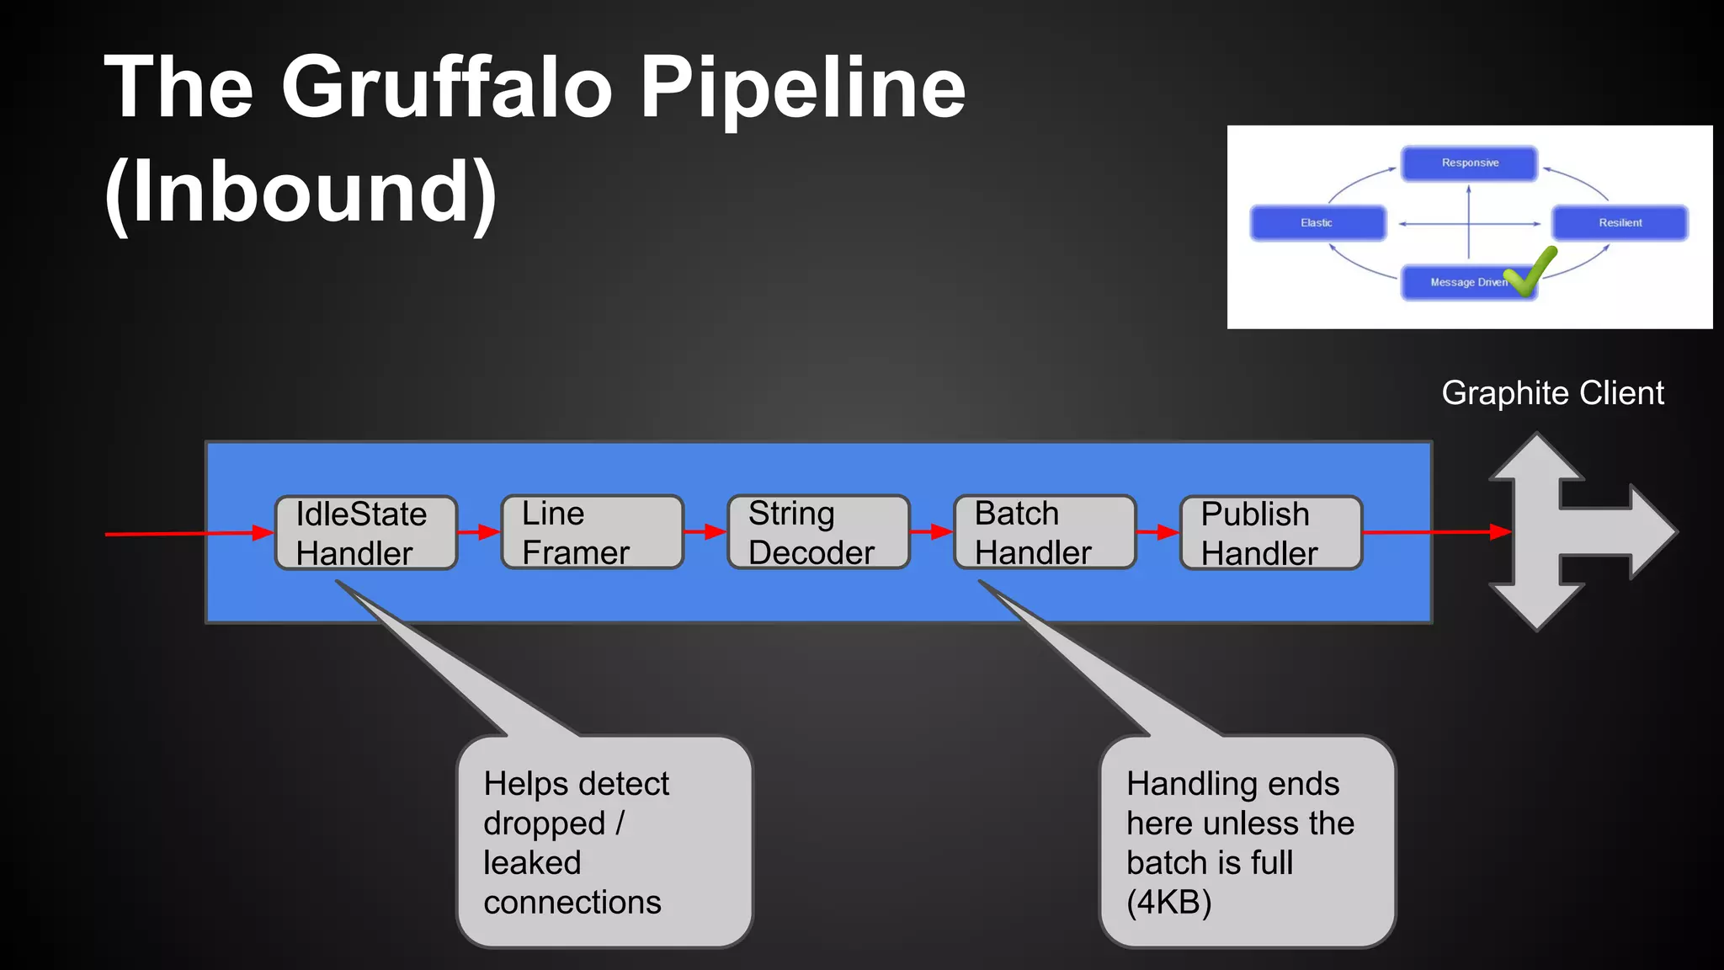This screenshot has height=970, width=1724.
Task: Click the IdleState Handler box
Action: coord(366,533)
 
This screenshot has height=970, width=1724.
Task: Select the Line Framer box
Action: coord(592,532)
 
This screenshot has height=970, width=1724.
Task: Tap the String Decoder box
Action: coord(818,532)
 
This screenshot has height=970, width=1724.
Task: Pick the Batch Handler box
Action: coord(1045,532)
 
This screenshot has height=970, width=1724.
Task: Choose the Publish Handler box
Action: coord(1271,533)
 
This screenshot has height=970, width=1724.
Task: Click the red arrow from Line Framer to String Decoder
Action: coord(705,532)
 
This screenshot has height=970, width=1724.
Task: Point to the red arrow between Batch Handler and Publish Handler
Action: coord(1158,532)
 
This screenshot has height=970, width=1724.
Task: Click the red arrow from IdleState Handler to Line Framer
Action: coord(479,532)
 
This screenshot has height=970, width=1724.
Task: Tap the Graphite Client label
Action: coord(1552,393)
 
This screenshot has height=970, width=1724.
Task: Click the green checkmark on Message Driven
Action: coord(1530,271)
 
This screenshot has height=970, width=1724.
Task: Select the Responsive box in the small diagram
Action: coord(1469,163)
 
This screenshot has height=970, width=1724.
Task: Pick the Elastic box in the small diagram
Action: coord(1317,223)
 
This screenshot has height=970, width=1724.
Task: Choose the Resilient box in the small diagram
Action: coord(1620,223)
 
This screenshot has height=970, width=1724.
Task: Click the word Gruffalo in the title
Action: coord(446,87)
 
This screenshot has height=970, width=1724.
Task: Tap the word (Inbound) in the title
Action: coord(301,192)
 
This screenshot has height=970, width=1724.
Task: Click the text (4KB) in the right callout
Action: coord(1168,903)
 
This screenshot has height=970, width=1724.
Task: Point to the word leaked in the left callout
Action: coord(532,863)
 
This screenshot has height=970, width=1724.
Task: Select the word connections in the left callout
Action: coord(572,903)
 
